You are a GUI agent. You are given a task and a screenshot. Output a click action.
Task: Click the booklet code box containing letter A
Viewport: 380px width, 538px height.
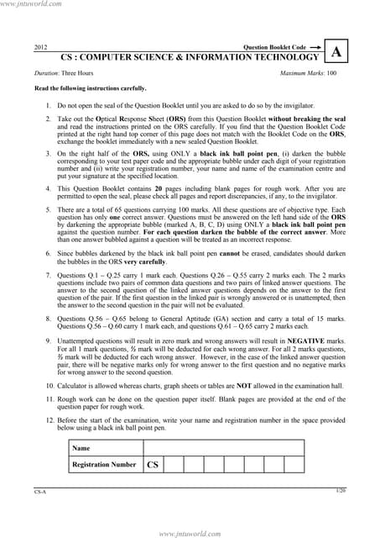(x=336, y=52)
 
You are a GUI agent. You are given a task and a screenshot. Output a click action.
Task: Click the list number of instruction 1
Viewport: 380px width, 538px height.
(x=48, y=107)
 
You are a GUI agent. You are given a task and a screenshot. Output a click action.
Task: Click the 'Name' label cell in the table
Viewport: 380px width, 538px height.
(x=81, y=448)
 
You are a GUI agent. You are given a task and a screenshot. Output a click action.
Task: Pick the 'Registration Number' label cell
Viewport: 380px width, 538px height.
(x=104, y=464)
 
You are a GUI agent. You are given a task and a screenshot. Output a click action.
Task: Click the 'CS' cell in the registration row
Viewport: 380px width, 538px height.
(x=152, y=464)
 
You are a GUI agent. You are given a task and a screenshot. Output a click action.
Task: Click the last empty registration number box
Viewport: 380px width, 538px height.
(x=294, y=464)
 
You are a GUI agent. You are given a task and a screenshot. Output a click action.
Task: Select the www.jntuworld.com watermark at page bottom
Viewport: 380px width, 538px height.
(x=190, y=532)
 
